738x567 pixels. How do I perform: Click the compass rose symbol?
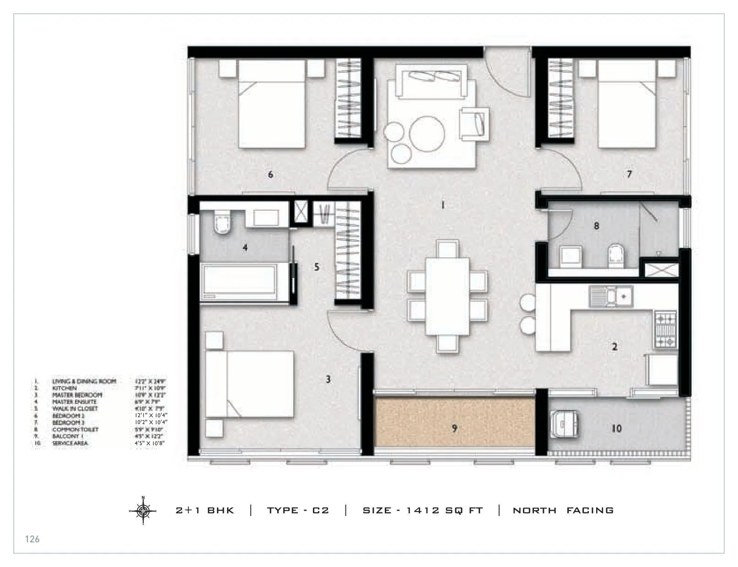(x=143, y=510)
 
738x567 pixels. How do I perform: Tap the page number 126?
(x=32, y=539)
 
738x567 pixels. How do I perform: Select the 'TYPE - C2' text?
(x=298, y=510)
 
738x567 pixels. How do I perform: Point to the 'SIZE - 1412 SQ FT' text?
(x=422, y=510)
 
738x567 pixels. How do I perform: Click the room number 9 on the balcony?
(x=454, y=428)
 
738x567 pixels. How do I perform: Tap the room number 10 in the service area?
(x=616, y=428)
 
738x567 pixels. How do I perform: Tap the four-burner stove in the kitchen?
(x=666, y=329)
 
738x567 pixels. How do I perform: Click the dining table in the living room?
(x=447, y=296)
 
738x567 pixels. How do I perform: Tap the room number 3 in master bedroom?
(x=328, y=379)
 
